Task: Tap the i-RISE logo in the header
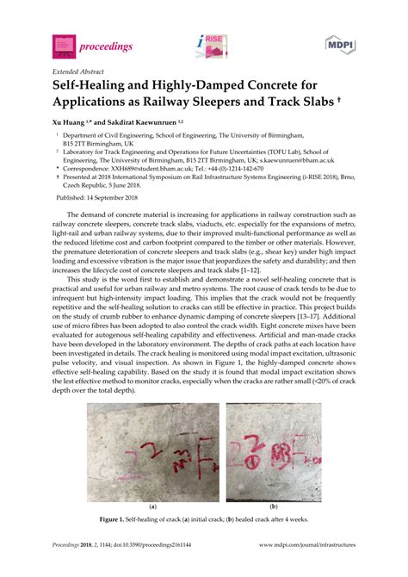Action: coord(211,46)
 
